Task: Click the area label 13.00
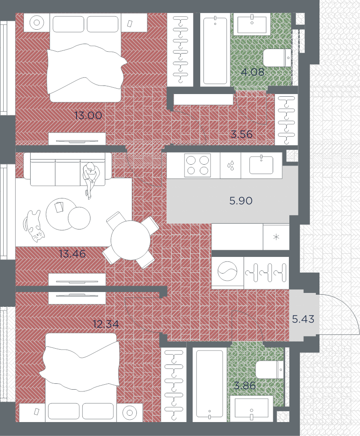coord(88,116)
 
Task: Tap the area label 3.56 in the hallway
coord(241,134)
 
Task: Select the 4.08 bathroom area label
coord(252,72)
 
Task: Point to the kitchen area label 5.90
coord(241,201)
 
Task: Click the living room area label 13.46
coord(72,254)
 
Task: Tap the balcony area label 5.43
coord(303,319)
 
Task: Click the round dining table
coord(130,240)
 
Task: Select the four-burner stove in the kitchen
coord(198,165)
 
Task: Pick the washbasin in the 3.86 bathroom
coord(251,409)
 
